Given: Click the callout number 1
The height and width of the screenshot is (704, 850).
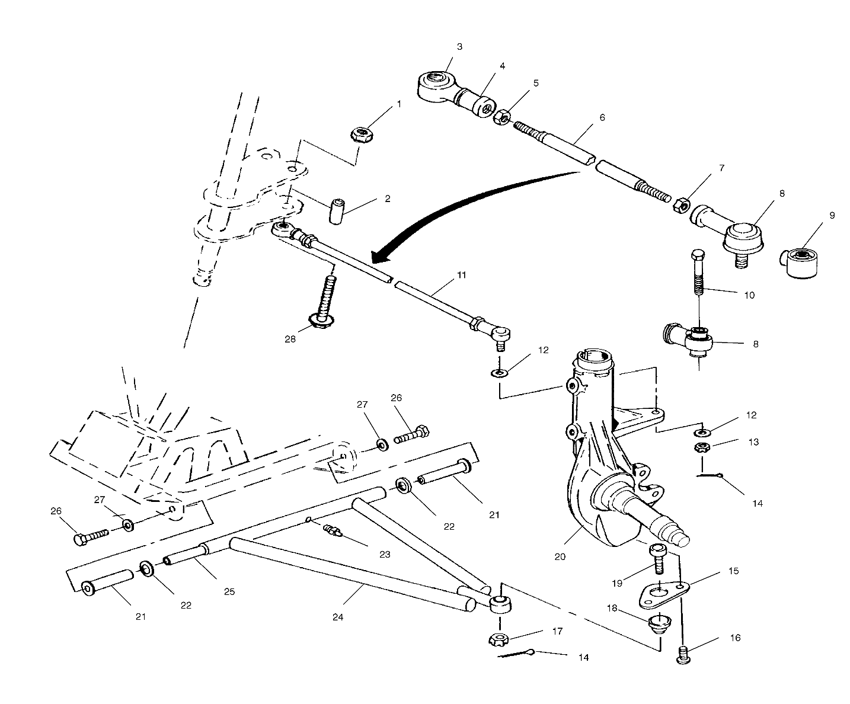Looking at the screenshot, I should pyautogui.click(x=398, y=104).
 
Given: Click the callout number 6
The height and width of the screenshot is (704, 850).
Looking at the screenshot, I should pyautogui.click(x=602, y=117).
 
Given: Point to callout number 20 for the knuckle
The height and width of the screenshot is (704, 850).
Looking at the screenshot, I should pyautogui.click(x=560, y=556).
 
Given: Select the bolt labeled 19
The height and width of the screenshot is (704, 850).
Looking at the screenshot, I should pyautogui.click(x=658, y=557).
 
